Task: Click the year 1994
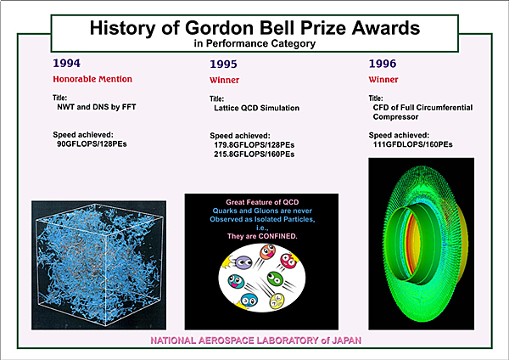(66, 63)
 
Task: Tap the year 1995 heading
(223, 64)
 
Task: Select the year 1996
(383, 64)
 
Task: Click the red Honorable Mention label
(92, 79)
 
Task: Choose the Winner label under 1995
(224, 80)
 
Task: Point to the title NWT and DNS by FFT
(97, 107)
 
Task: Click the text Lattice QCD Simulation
(256, 108)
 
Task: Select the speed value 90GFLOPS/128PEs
(92, 143)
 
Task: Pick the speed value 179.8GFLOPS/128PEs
(255, 144)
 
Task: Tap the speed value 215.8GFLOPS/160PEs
(255, 154)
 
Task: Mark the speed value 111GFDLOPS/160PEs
(412, 144)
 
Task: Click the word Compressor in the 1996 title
(395, 117)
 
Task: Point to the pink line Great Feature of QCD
(262, 202)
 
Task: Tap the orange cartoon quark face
(268, 252)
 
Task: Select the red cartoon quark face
(288, 261)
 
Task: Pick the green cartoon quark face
(275, 278)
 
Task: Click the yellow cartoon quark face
(277, 301)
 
